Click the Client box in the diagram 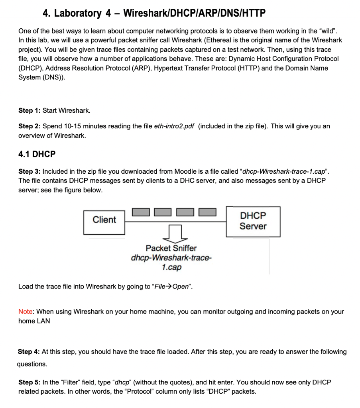[104, 220]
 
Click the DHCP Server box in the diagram [253, 221]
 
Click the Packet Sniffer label [171, 248]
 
